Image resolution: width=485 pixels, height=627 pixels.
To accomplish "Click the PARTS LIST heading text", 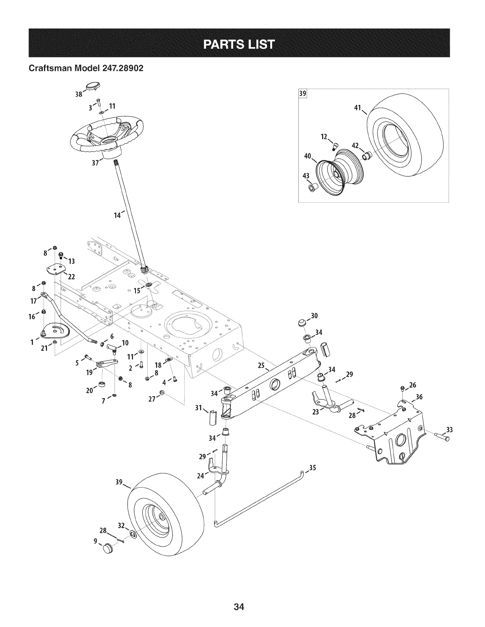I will pyautogui.click(x=239, y=44).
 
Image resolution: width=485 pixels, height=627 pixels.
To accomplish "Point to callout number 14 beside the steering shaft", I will pyautogui.click(x=118, y=215).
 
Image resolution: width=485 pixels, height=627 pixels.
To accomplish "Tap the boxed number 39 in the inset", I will pyautogui.click(x=303, y=94).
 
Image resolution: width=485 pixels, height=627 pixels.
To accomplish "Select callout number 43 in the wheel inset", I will pyautogui.click(x=306, y=177).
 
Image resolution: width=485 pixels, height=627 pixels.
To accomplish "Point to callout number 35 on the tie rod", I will pyautogui.click(x=312, y=467).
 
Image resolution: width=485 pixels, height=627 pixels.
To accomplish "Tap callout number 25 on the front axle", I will pyautogui.click(x=261, y=366).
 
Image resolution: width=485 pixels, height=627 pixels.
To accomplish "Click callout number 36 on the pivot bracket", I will pyautogui.click(x=419, y=397).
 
